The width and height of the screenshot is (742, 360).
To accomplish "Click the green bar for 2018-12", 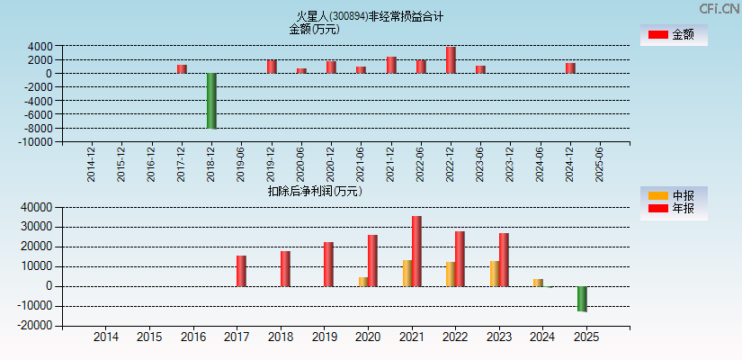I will coord(211,101).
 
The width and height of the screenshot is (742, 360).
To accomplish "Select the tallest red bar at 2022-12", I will coord(451,60).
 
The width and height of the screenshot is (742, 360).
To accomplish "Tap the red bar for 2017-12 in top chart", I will coord(182,68).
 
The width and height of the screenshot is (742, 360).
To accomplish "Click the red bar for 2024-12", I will coord(570,67).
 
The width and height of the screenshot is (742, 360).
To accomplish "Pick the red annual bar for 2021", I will coord(416,251).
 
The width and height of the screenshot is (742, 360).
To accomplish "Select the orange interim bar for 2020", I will coord(363,281).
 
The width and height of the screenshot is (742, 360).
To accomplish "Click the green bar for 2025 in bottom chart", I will coord(582,299).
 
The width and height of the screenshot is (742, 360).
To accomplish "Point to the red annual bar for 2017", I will coord(241,271).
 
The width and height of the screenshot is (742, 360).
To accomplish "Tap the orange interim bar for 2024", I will coord(538,283).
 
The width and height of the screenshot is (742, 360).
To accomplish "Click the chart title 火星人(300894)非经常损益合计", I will coord(370,16).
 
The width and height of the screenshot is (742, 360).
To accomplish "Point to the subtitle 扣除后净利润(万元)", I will coord(314,191).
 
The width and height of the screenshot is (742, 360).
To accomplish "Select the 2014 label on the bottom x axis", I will coord(106,337).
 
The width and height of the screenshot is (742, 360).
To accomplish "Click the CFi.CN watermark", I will coord(719,9).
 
